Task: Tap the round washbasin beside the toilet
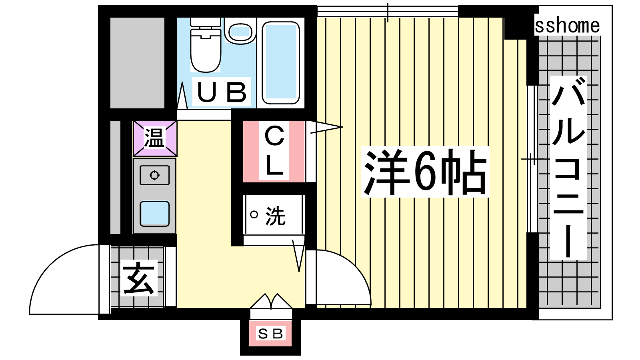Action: (x=240, y=30)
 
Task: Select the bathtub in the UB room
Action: (x=280, y=63)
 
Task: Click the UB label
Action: (x=222, y=92)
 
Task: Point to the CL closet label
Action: (x=274, y=151)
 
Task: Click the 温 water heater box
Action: (x=155, y=138)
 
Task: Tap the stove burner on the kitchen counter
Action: (x=154, y=175)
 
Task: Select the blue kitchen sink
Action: (x=154, y=214)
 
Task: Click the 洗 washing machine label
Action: (x=276, y=216)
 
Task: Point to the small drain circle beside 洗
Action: (x=254, y=214)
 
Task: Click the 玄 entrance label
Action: (x=139, y=278)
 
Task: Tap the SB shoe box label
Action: (x=270, y=334)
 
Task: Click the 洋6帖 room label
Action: (x=425, y=172)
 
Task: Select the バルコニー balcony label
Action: (x=568, y=168)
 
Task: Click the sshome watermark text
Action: (x=568, y=26)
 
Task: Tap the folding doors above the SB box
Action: (x=271, y=301)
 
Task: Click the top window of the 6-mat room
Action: (x=388, y=12)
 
